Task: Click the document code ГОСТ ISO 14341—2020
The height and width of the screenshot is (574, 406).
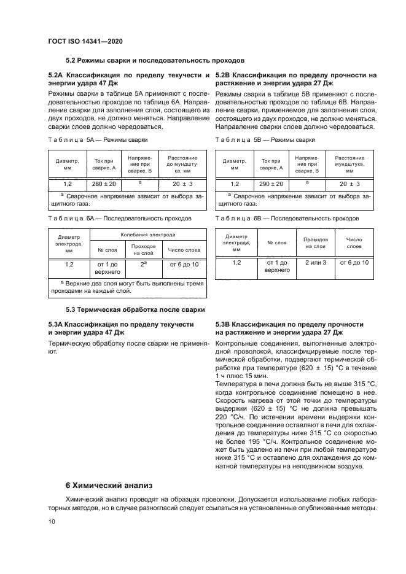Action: [x=85, y=41]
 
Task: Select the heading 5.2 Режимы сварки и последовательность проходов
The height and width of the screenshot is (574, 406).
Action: [x=155, y=61]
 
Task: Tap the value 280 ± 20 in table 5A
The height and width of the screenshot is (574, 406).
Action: [x=103, y=184]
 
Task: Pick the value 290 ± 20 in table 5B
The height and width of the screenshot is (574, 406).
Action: [x=271, y=184]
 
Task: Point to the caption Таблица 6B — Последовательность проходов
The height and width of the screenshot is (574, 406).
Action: [x=287, y=218]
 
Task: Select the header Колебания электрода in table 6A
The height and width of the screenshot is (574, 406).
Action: [x=148, y=235]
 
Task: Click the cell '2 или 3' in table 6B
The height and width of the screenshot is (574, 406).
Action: [x=316, y=262]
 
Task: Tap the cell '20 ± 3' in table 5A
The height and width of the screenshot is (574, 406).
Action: [x=182, y=184]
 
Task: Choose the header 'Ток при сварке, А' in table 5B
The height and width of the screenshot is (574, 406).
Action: [x=271, y=164]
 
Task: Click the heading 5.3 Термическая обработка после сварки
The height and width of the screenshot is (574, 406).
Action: [x=135, y=309]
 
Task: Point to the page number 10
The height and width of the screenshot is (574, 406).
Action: [x=52, y=521]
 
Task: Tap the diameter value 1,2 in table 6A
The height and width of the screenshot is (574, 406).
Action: [x=69, y=264]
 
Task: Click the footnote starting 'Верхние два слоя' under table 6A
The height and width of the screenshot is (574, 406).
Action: [x=127, y=287]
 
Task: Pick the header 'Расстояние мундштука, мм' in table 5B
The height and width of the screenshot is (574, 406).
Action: [x=349, y=164]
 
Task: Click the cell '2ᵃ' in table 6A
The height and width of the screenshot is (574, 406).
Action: [x=143, y=264]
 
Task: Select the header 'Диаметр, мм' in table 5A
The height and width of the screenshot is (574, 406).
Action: [x=67, y=164]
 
